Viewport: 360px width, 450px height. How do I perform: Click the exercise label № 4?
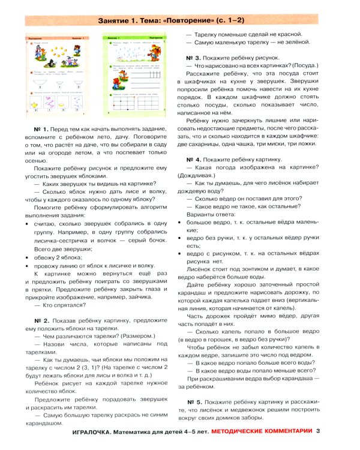pyautogui.click(x=195, y=161)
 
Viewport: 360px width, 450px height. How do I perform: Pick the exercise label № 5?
pyautogui.click(x=195, y=401)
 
